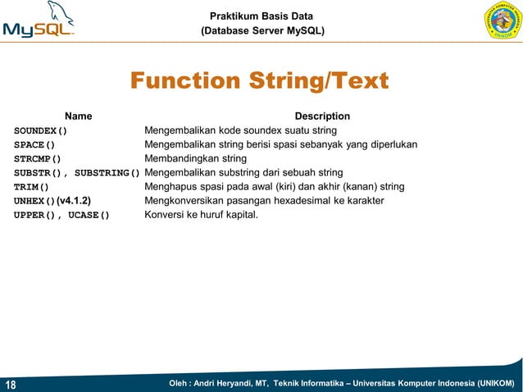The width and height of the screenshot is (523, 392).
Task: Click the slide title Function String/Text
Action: (x=259, y=82)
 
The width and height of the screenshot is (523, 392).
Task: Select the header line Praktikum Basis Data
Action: (x=261, y=16)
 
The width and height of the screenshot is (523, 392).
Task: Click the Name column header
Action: (x=79, y=116)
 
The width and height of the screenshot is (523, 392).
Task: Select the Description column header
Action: (x=322, y=116)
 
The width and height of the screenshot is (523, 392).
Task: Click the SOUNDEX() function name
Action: (x=40, y=130)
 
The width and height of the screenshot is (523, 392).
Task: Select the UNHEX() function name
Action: (x=34, y=201)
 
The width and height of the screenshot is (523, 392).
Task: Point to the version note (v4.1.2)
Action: (x=73, y=200)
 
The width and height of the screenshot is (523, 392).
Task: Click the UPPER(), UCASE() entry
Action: (x=61, y=215)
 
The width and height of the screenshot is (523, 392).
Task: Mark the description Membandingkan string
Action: (x=195, y=158)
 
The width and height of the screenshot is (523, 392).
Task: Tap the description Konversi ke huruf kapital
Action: (x=201, y=215)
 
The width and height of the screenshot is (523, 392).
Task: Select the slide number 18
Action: (x=11, y=385)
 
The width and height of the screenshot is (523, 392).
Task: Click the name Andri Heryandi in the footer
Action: (x=221, y=384)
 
